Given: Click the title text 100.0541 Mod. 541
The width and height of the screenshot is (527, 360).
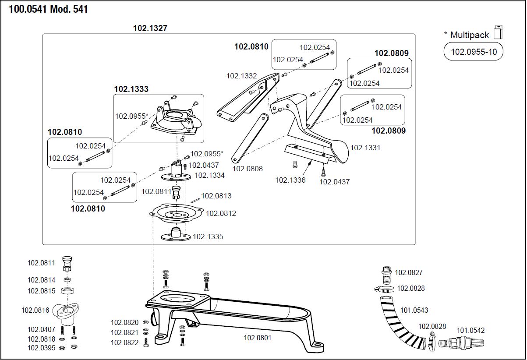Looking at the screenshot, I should (x=48, y=9).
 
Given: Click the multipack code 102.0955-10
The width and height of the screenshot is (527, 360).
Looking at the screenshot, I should (x=474, y=52).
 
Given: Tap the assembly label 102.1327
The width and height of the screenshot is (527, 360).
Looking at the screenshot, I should (x=150, y=28).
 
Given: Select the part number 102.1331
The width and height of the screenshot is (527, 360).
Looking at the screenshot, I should (x=365, y=148).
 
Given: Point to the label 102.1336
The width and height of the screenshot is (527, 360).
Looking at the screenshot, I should (x=290, y=180).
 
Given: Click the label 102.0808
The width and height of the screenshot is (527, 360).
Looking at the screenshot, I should (x=248, y=169).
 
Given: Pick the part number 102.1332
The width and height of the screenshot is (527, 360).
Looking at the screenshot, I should (x=241, y=76).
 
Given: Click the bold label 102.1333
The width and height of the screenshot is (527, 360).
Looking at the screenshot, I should (x=131, y=89).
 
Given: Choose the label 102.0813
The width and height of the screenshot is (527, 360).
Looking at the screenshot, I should (x=216, y=196).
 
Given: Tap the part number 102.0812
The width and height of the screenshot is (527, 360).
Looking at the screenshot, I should (x=221, y=213).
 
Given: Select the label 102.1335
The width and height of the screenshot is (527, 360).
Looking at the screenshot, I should (x=208, y=236).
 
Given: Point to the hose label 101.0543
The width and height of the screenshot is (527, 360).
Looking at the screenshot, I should (x=414, y=310).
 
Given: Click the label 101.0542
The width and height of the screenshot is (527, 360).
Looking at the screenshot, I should (x=471, y=330).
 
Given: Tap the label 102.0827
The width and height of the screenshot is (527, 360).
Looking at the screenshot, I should (x=409, y=272).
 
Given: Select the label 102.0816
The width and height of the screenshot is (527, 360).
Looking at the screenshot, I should (x=36, y=310).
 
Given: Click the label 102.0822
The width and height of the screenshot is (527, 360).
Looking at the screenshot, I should (x=124, y=343).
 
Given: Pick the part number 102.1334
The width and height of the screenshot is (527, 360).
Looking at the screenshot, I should (x=209, y=175).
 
